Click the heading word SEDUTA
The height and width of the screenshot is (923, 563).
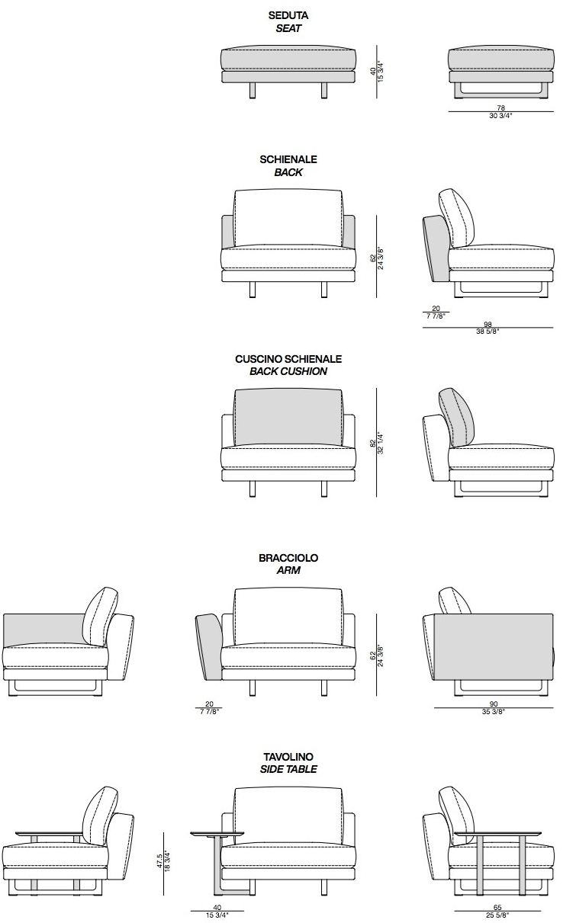point(288,16)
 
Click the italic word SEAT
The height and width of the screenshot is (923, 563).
point(288,28)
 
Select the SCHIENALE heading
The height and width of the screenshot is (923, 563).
point(288,159)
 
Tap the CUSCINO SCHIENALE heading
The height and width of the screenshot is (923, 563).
point(288,359)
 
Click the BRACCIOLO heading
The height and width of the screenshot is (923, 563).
point(288,558)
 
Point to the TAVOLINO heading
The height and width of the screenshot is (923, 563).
point(288,757)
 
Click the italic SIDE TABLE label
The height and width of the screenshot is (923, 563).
point(288,769)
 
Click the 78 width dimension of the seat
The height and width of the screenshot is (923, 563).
point(500,108)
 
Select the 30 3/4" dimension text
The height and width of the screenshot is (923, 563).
point(500,116)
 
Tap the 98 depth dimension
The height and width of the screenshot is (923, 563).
point(488,324)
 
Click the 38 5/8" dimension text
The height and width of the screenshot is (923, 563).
point(488,332)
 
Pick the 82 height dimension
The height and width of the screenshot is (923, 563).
point(373,444)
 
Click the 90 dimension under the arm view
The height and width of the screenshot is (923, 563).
point(494,704)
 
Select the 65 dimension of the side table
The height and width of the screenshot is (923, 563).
point(497,907)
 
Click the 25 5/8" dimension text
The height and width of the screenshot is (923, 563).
point(497,915)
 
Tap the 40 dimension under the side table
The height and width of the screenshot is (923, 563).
point(217,907)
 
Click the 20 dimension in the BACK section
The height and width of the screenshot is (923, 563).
point(436,308)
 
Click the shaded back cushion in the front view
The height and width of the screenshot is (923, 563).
point(288,417)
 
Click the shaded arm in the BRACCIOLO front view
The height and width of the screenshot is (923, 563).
point(209,646)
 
